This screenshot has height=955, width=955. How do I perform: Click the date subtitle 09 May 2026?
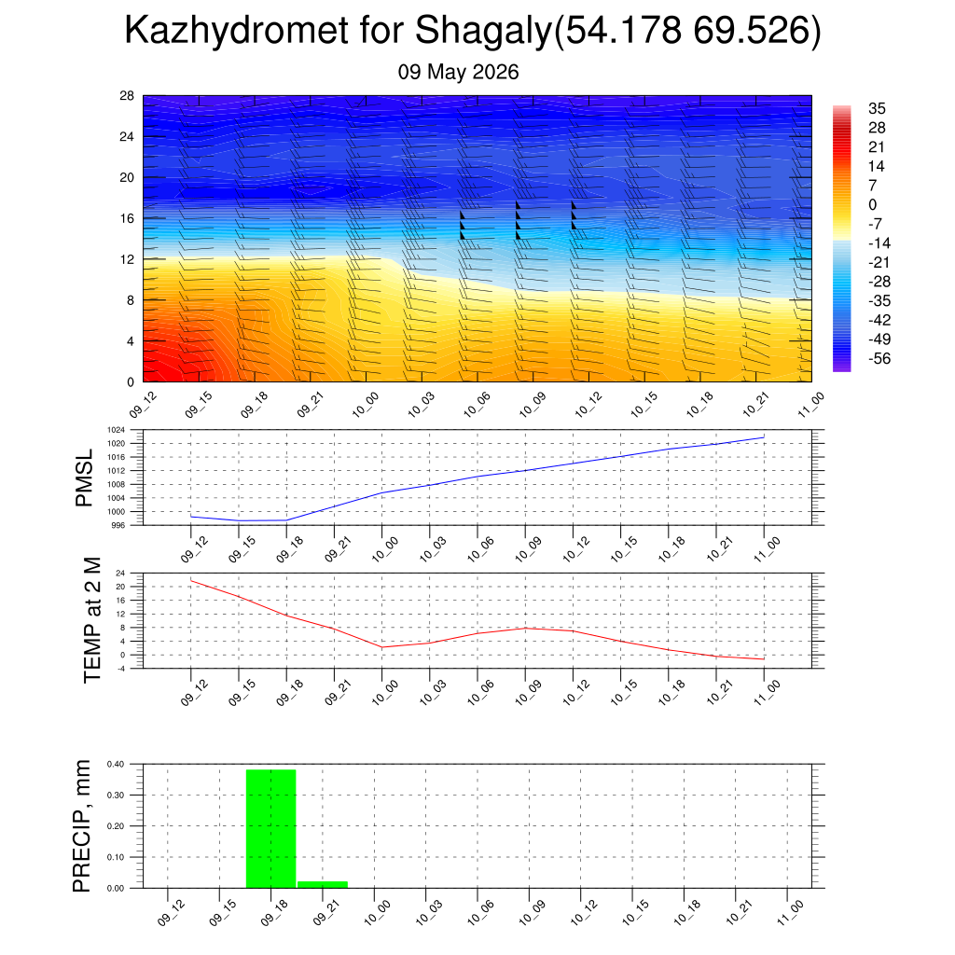(x=458, y=72)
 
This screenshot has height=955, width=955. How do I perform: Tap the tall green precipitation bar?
(x=271, y=829)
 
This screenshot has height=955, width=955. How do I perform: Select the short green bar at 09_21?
(x=323, y=884)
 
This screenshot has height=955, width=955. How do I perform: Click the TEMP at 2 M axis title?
(x=91, y=620)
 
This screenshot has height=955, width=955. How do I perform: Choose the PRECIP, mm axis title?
(x=81, y=826)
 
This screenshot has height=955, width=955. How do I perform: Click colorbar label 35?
(x=877, y=108)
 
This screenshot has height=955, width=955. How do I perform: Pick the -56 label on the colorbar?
(x=879, y=359)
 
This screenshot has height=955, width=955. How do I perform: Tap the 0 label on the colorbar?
(x=872, y=204)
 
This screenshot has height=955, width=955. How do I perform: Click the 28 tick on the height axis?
(x=127, y=96)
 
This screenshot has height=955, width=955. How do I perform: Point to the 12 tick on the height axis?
(x=127, y=259)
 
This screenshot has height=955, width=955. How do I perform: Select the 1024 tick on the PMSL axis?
(x=116, y=430)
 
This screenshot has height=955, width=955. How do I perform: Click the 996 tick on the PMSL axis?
(x=118, y=525)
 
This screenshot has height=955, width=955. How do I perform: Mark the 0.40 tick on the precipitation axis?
(x=115, y=764)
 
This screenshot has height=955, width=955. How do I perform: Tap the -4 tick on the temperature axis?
(x=120, y=668)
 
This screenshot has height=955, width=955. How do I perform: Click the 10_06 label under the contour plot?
(x=477, y=405)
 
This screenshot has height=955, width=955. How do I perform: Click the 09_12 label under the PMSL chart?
(x=194, y=549)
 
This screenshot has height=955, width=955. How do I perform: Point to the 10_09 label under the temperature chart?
(x=528, y=693)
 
